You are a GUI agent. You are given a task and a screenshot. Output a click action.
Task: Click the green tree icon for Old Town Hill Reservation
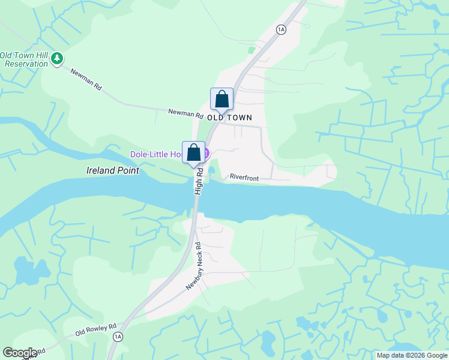[57, 58]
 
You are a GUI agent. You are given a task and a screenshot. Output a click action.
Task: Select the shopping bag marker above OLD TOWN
[221, 99]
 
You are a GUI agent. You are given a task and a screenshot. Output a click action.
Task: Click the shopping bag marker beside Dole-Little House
[194, 152]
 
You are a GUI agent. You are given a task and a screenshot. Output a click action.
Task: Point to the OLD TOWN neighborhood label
[229, 118]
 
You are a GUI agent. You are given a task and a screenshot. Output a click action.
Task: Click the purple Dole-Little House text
[156, 155]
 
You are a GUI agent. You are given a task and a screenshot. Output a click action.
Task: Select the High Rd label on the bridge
[199, 181]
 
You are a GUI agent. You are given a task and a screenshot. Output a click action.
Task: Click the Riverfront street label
[245, 177]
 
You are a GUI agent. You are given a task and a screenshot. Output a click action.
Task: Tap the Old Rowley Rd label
[95, 329]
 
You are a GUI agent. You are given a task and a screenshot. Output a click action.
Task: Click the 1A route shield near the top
[280, 29]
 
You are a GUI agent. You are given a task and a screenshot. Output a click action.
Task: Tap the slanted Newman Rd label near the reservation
[86, 80]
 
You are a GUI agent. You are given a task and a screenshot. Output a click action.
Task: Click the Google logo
[20, 353]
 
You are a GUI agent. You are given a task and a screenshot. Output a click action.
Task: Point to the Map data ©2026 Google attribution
[412, 355]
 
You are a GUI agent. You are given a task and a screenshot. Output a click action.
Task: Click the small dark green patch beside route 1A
[252, 50]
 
